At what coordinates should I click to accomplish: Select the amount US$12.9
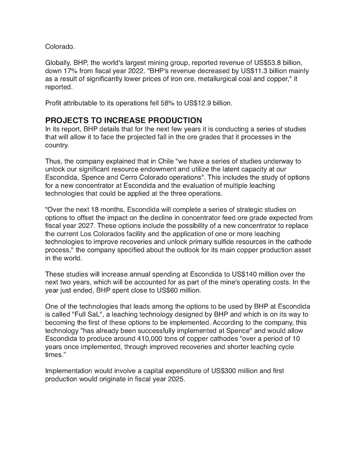194,103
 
